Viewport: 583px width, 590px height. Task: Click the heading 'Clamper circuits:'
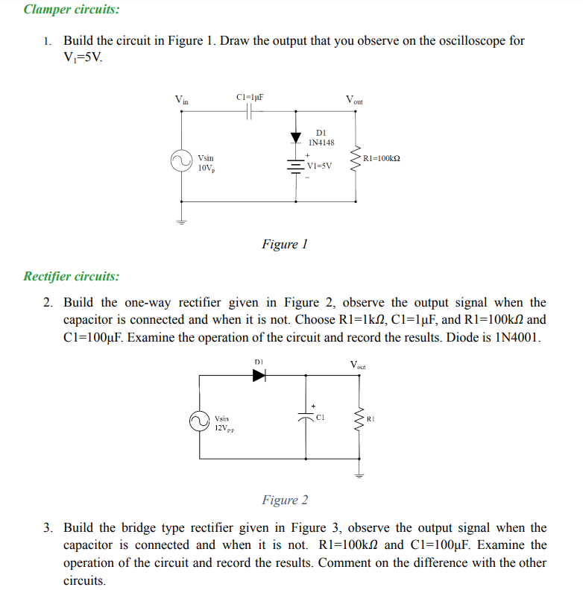click(71, 10)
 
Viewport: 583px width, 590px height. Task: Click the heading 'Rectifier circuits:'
click(71, 277)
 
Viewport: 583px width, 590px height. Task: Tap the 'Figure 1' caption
click(285, 244)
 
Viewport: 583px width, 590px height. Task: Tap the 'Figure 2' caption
click(285, 500)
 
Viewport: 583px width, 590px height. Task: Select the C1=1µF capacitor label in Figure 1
click(250, 97)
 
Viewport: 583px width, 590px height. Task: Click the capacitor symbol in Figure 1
click(250, 112)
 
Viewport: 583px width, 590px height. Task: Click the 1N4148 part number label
click(322, 142)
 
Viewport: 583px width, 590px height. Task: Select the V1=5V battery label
click(321, 167)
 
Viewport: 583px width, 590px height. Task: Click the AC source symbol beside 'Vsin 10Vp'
click(180, 161)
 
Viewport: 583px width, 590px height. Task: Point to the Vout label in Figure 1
click(354, 99)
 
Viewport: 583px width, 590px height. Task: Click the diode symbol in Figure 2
click(259, 376)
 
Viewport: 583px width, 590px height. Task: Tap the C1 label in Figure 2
click(320, 418)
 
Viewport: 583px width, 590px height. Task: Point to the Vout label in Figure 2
click(359, 365)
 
